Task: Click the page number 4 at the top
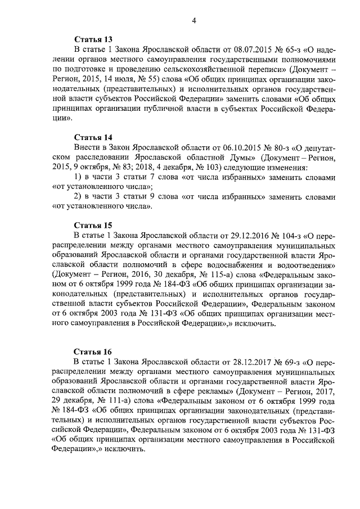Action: pos(193,21)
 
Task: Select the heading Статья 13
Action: pos(93,39)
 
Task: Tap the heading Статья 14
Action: pos(93,137)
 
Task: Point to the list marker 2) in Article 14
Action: pos(79,197)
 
